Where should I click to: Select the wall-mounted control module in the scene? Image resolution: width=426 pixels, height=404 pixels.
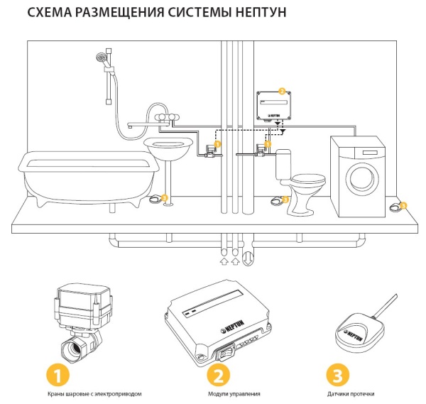pos(273,107)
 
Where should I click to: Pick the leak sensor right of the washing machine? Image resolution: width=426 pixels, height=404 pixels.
pos(395,207)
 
